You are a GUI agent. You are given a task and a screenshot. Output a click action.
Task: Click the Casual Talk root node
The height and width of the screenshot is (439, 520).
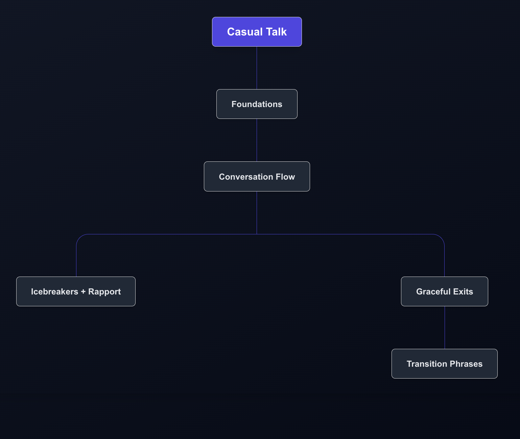click(257, 32)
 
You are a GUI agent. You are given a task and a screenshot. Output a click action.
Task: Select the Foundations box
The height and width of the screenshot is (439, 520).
click(257, 104)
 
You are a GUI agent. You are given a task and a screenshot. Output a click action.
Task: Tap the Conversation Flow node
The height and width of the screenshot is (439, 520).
click(257, 176)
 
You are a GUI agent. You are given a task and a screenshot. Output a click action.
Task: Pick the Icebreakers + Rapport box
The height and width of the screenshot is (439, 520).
click(76, 291)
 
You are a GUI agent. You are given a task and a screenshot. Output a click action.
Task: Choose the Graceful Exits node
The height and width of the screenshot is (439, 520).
click(445, 291)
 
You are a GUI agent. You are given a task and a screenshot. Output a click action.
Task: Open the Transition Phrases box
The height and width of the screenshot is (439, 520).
click(445, 364)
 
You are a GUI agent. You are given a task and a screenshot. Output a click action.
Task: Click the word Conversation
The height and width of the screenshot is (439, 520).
click(246, 177)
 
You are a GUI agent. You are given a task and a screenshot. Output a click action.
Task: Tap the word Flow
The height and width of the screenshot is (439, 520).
click(285, 177)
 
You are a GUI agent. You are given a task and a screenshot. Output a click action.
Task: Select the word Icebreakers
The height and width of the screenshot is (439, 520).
click(54, 292)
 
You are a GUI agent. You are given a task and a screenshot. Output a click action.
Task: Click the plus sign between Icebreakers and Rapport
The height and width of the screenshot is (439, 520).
click(83, 292)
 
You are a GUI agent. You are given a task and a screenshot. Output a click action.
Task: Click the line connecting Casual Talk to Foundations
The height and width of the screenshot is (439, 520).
click(257, 68)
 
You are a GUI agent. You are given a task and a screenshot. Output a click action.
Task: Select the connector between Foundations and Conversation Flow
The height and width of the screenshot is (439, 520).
click(257, 140)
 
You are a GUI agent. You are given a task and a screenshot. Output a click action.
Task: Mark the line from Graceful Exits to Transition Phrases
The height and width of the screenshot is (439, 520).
click(445, 328)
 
